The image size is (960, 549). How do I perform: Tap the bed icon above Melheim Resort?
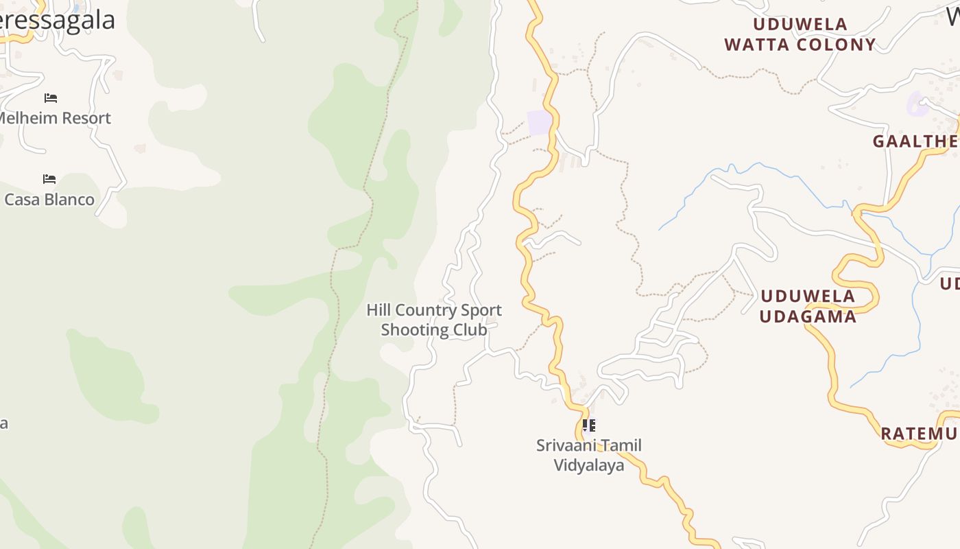click(x=50, y=98)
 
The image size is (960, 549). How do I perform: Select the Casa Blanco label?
click(x=49, y=200)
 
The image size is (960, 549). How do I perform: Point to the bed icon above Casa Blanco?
click(x=49, y=179)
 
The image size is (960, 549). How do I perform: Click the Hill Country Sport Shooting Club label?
click(x=434, y=320)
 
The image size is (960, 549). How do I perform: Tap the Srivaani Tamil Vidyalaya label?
click(x=589, y=455)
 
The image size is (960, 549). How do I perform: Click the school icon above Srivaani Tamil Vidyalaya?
click(x=588, y=425)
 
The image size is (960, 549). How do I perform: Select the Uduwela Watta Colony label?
click(x=800, y=35)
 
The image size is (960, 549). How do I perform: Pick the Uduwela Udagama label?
click(x=808, y=306)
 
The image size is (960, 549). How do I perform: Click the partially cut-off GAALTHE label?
click(x=915, y=142)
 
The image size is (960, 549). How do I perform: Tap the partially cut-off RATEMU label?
click(x=919, y=434)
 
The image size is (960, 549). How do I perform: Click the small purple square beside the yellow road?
click(x=540, y=123)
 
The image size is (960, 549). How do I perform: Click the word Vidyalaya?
click(x=589, y=465)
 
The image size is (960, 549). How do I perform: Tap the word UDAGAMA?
click(x=808, y=316)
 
